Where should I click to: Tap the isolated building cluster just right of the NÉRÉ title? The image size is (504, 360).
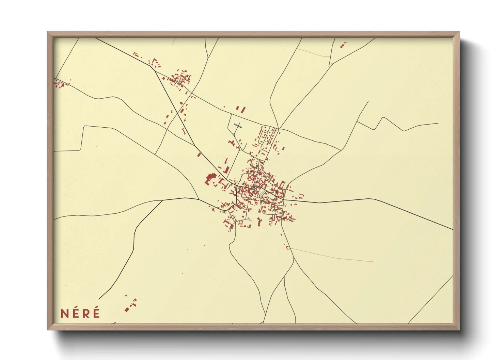pos(130,305)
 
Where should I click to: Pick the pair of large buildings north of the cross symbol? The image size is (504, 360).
pos(241,109)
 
